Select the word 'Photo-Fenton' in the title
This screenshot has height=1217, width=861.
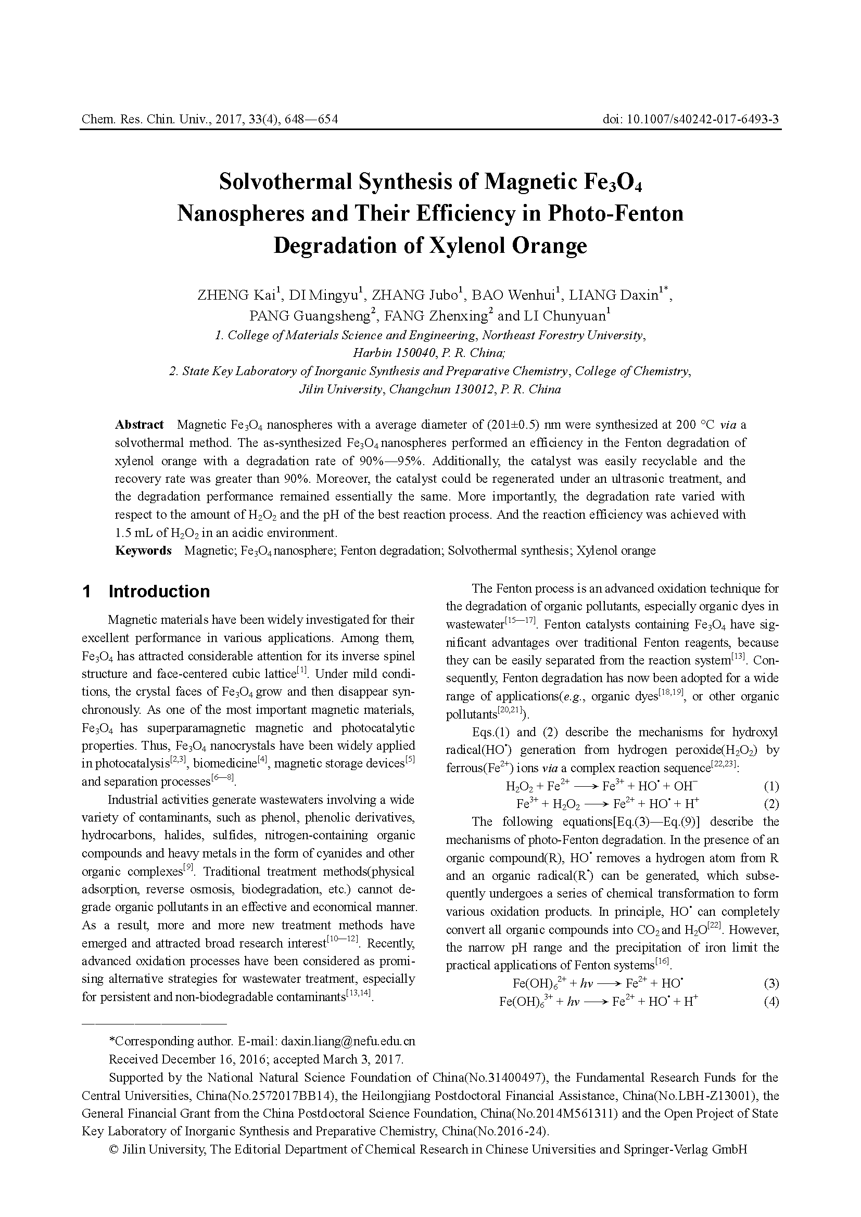tap(615, 213)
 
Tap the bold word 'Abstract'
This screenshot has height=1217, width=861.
tap(140, 425)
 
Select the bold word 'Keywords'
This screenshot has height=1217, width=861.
tap(143, 550)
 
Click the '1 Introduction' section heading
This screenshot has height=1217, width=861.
tap(146, 592)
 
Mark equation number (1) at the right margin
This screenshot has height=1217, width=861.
tap(771, 786)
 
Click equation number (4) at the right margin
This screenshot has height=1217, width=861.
tap(771, 1002)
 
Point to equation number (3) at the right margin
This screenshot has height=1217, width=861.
tap(771, 984)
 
